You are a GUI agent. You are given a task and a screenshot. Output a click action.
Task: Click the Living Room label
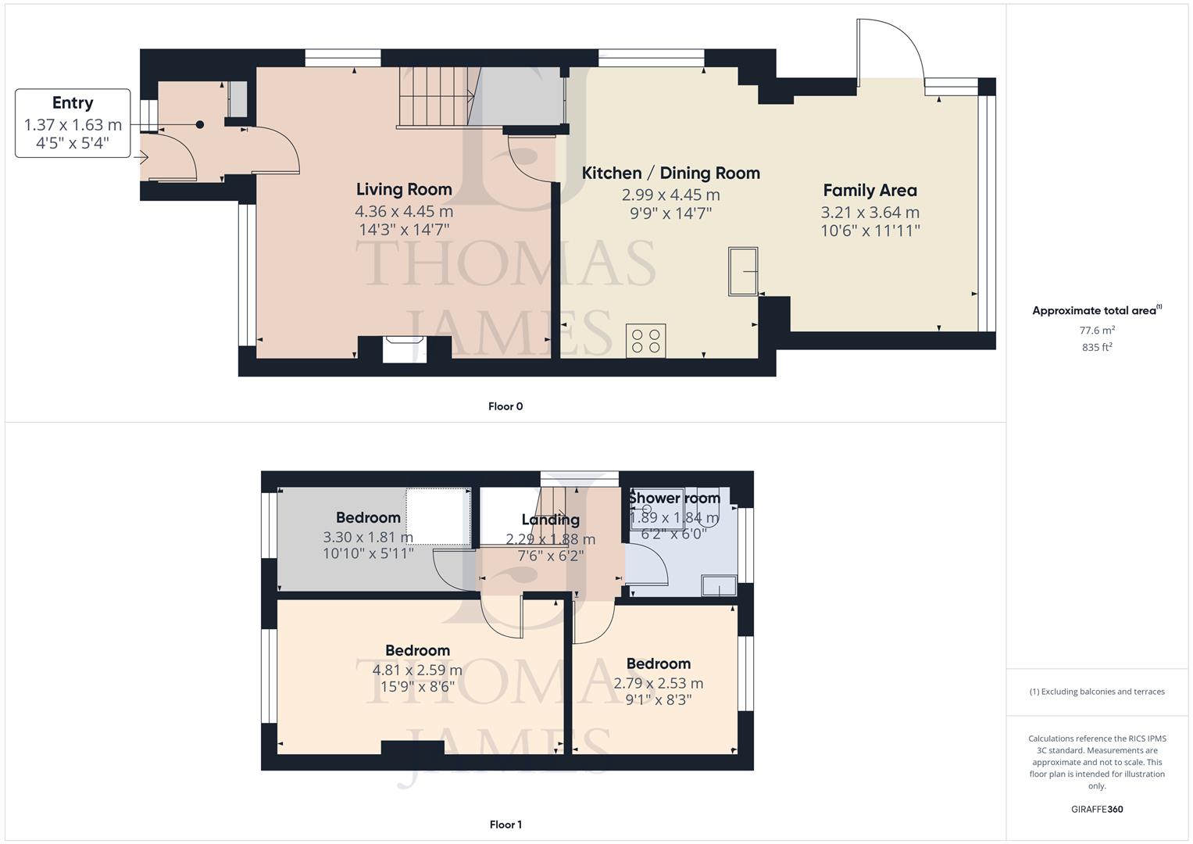[404, 189]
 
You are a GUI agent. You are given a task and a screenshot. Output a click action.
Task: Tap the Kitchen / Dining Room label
[670, 173]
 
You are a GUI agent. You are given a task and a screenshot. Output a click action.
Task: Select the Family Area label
[870, 190]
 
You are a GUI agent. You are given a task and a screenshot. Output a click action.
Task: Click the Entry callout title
[73, 102]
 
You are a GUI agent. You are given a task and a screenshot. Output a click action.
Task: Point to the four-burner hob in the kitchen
[646, 341]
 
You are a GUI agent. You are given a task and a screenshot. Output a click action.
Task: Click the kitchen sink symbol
[743, 271]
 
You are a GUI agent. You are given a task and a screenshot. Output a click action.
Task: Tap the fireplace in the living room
[404, 349]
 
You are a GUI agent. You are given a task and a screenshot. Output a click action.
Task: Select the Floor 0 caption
[505, 406]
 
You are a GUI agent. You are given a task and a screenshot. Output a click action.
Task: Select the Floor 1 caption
[505, 824]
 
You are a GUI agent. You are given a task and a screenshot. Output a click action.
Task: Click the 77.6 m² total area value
[1097, 331]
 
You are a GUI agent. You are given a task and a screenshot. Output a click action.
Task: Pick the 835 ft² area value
[1097, 348]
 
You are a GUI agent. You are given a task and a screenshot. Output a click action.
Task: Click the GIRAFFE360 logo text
[1097, 809]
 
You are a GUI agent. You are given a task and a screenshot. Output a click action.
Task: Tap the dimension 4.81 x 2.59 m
[417, 670]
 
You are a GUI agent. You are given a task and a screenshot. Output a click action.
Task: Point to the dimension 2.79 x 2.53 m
[658, 683]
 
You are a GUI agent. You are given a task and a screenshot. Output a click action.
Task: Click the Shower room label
[674, 498]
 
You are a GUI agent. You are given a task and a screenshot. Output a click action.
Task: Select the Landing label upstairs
[550, 520]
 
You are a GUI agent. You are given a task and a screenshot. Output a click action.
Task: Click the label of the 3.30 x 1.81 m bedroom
[368, 517]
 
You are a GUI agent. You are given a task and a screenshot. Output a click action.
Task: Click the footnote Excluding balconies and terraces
[1097, 692]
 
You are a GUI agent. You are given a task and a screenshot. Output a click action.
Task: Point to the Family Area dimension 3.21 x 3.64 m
[870, 213]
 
